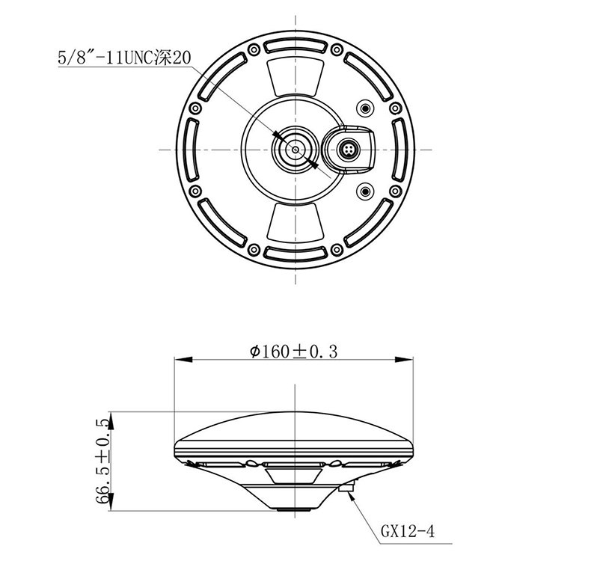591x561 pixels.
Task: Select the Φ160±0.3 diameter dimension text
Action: pyautogui.click(x=293, y=352)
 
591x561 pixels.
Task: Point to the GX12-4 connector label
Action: pyautogui.click(x=408, y=531)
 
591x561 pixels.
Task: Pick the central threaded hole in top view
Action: pyautogui.click(x=295, y=150)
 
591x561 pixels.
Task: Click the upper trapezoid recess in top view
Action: pyautogui.click(x=295, y=77)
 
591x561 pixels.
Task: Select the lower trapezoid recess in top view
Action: pyautogui.click(x=295, y=222)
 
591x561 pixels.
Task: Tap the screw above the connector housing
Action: pyautogui.click(x=365, y=108)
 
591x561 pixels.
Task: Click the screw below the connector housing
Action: pyautogui.click(x=365, y=191)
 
